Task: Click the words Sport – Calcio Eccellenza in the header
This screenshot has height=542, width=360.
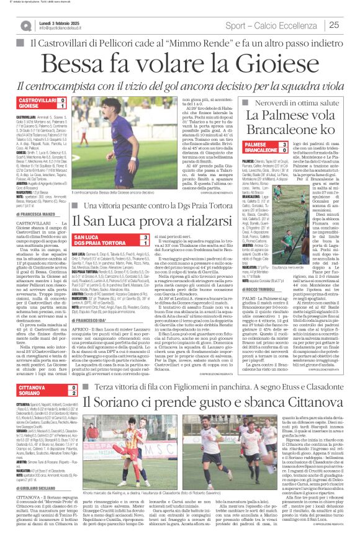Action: [x=274, y=25]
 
